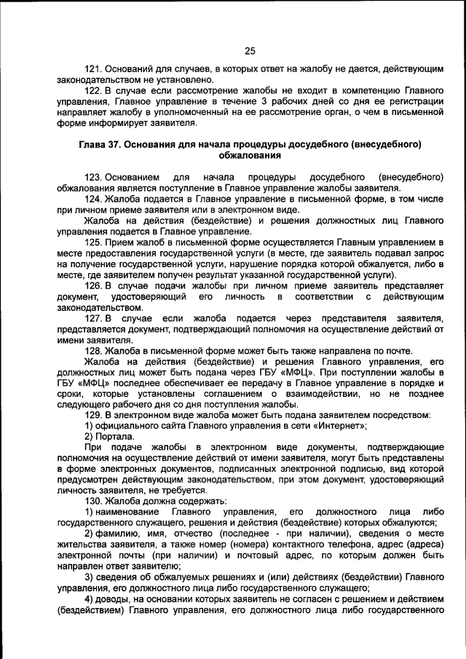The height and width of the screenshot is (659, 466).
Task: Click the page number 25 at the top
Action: point(249,50)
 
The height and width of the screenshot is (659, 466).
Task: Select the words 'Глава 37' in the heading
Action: point(100,144)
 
